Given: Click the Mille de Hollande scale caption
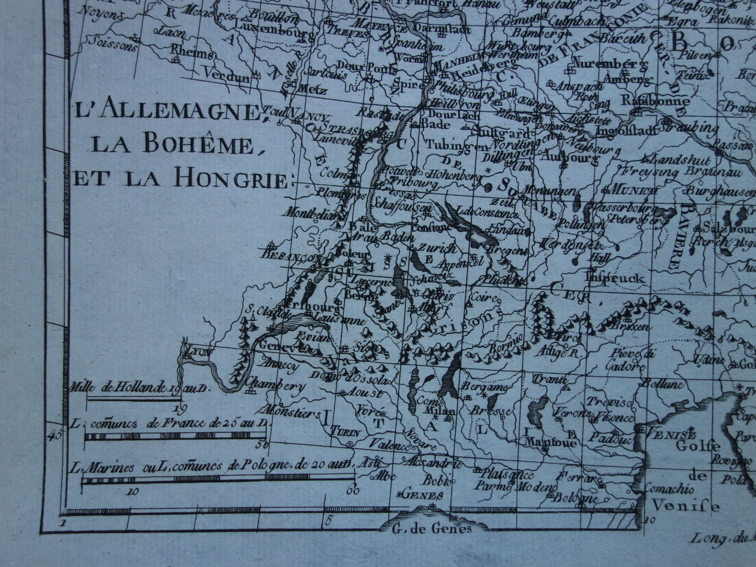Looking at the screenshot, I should point(140,388).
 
